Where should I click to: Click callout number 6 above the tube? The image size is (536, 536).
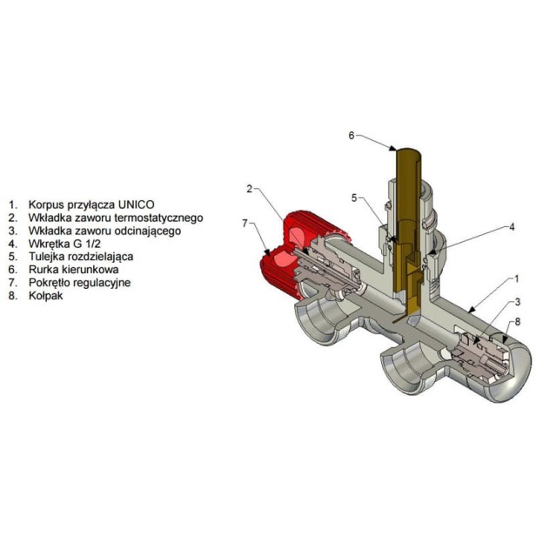352,136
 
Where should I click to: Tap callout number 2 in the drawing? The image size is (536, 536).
250,188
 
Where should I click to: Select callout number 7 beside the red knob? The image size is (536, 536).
245,224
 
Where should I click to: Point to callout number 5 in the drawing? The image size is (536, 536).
354,198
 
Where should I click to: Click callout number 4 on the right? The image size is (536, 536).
512,227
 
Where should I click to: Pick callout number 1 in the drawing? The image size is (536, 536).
517,279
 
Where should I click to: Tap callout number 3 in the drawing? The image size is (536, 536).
518,302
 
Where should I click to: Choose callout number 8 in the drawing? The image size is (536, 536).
518,322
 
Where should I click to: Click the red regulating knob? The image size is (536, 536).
284,260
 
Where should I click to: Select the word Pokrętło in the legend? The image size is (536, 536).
50,283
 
